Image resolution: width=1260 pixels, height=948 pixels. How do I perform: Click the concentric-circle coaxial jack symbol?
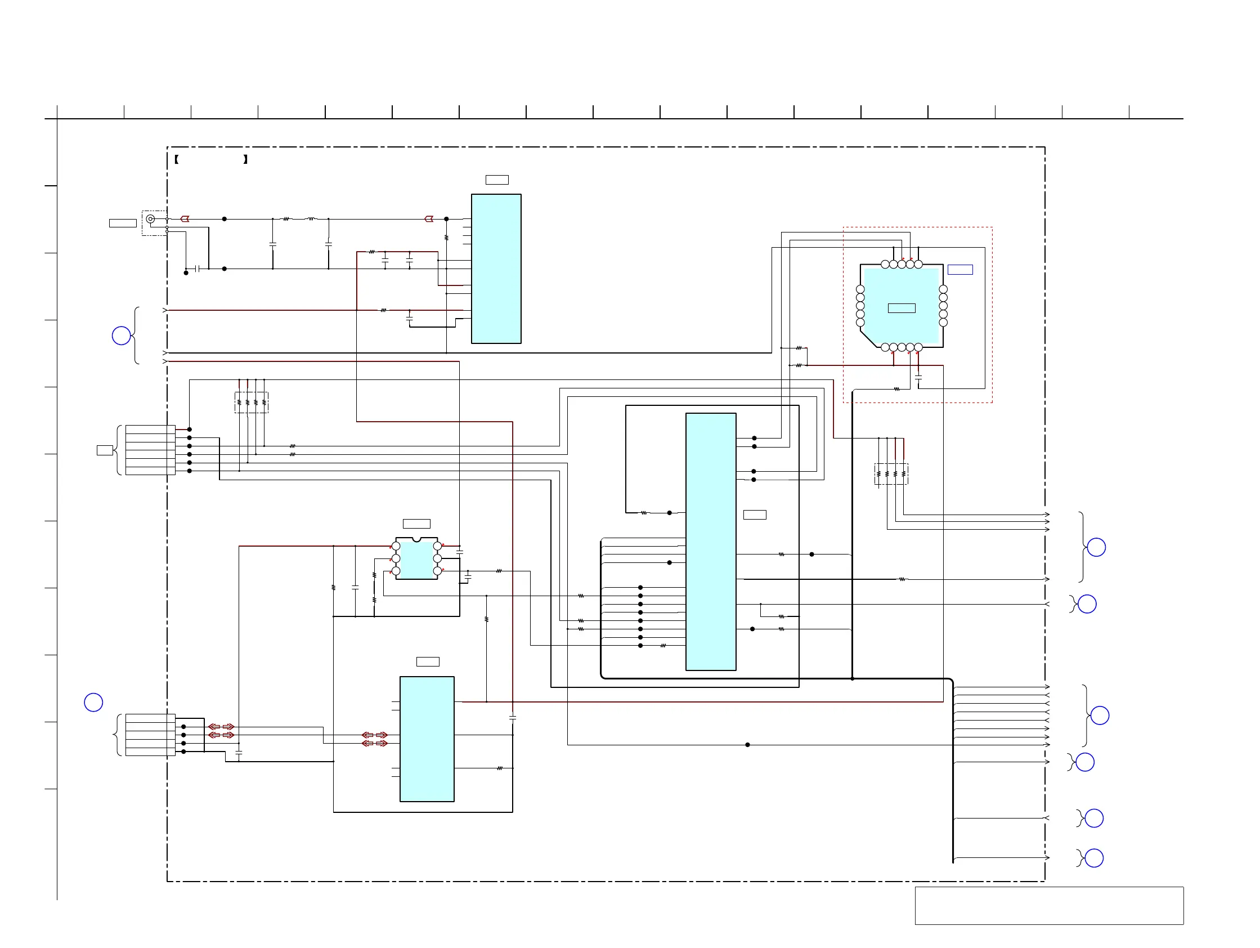click(x=150, y=219)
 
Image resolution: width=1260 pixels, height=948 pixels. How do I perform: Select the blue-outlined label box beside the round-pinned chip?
click(x=960, y=270)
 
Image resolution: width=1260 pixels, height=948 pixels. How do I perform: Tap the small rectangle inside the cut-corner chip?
click(x=902, y=308)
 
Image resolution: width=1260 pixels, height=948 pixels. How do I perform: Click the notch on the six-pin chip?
click(x=416, y=539)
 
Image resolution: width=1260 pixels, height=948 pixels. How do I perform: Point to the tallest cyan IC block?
click(x=710, y=541)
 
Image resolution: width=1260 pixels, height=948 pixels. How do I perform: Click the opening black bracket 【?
click(x=177, y=159)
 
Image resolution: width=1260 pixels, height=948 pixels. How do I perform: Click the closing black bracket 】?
click(x=245, y=159)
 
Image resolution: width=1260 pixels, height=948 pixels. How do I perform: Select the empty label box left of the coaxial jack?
click(x=123, y=223)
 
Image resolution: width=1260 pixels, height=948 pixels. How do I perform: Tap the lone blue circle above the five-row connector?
click(x=93, y=702)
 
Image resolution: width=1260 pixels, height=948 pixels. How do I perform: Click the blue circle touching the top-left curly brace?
click(x=122, y=336)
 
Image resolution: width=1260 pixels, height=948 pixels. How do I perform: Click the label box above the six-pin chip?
click(x=416, y=524)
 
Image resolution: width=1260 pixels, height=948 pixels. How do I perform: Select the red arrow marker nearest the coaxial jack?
click(x=185, y=219)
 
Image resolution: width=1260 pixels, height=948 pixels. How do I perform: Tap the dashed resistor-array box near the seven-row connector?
click(x=251, y=402)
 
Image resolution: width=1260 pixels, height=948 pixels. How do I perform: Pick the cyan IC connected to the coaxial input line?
click(x=496, y=269)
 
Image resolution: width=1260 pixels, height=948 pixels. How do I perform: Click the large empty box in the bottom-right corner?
click(x=1049, y=905)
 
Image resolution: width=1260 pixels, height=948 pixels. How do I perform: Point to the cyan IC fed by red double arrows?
click(x=427, y=739)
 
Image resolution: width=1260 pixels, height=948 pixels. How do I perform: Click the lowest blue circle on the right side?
click(x=1094, y=858)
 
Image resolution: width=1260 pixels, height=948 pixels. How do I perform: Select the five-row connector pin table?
click(x=150, y=735)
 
